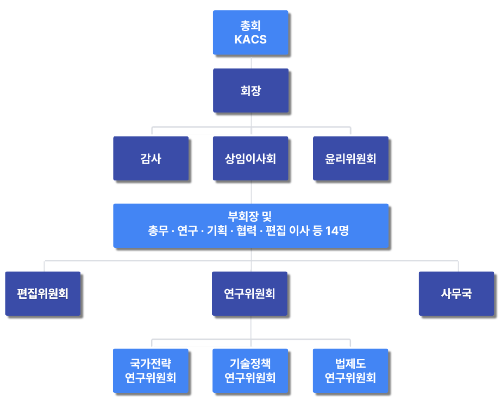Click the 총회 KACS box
[x=250, y=33]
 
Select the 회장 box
[x=250, y=91]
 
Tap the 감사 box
[x=151, y=159]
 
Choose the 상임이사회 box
[x=250, y=159]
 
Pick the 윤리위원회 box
[x=350, y=159]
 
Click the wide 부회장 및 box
[x=250, y=226]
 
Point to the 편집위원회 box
[x=42, y=294]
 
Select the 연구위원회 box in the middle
[x=249, y=294]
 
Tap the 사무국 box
[x=456, y=294]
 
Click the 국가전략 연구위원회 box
[x=151, y=371]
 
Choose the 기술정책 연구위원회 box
[x=250, y=371]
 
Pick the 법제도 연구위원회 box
[x=350, y=371]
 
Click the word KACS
[x=250, y=40]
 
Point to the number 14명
[x=337, y=231]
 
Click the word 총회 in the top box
[x=250, y=26]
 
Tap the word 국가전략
[x=151, y=364]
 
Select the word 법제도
[x=350, y=364]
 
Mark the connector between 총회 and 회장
[x=251, y=61]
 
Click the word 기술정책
[x=250, y=364]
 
